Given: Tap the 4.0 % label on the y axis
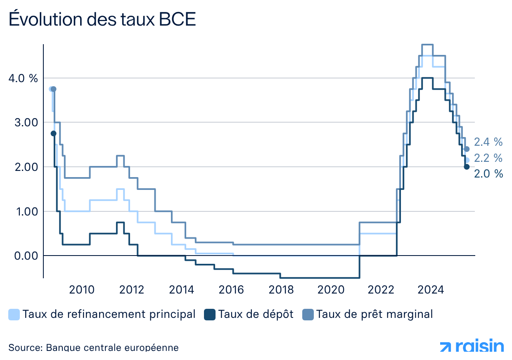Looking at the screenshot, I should coord(23,78).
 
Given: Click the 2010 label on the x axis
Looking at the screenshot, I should coord(82,290).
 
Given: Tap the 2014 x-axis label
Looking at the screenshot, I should coord(182,290).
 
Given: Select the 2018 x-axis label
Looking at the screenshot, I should coord(281,290).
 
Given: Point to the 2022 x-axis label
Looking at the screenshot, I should coord(381,290).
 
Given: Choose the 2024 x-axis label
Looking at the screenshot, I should coord(431,290).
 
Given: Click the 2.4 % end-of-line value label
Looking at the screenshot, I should coord(488,142).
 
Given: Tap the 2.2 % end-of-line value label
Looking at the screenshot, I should coord(488,158).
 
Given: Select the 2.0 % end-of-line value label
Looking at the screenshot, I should coord(488,174).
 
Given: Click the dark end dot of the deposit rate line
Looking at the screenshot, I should coord(467,167).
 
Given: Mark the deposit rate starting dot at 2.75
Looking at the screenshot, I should coord(53,133).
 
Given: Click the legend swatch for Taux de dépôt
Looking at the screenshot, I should coord(210,315).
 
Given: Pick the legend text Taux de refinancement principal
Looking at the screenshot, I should coord(109,314).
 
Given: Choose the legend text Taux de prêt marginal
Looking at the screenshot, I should coord(375,314).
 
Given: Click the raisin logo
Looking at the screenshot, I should coord(472,346).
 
